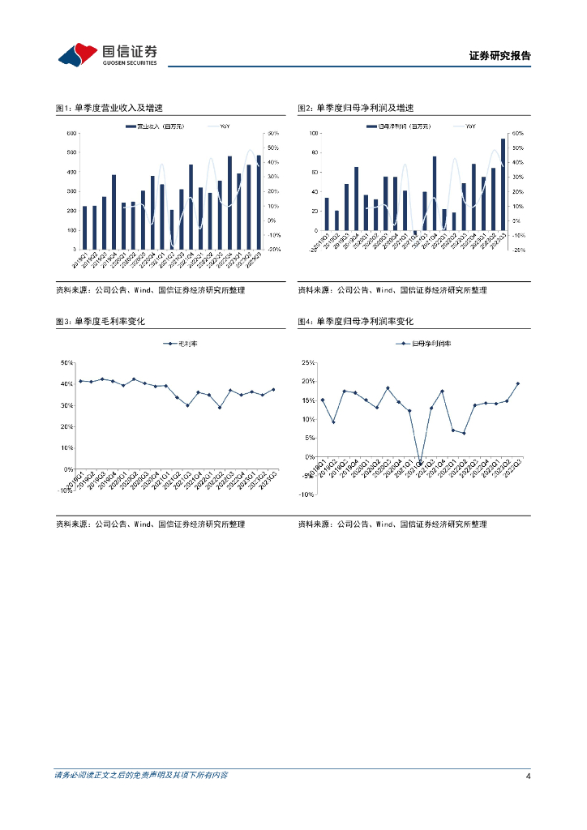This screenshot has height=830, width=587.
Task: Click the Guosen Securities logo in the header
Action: (x=107, y=54)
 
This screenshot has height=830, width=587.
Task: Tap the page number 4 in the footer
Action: (x=528, y=777)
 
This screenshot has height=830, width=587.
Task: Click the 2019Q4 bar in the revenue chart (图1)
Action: (x=114, y=212)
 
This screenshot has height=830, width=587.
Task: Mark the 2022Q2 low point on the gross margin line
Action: (x=219, y=407)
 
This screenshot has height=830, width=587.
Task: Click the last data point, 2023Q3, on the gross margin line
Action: (x=273, y=389)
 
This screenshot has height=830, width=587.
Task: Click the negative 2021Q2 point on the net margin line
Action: (x=420, y=462)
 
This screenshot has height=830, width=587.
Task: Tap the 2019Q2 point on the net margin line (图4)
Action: (x=333, y=421)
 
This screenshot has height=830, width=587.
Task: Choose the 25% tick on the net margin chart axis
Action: (x=308, y=362)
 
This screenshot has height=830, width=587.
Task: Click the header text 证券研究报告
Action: (x=499, y=56)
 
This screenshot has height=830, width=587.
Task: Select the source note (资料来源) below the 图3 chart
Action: (x=150, y=524)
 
